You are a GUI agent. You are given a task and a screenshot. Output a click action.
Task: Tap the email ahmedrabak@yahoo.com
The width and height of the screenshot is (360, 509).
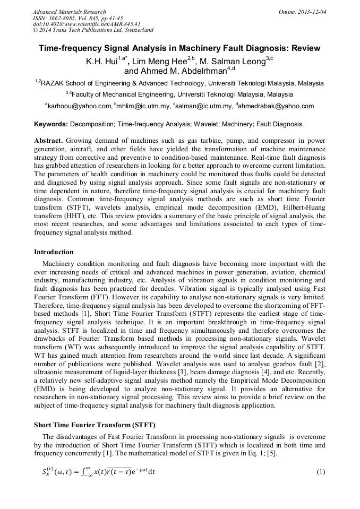point(277,106)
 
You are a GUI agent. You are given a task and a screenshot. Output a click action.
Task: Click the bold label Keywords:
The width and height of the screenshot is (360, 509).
point(51,124)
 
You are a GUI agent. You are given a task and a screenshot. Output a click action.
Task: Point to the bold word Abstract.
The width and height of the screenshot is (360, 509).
point(49,141)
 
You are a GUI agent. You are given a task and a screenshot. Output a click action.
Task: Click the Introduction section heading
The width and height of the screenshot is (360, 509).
point(54,252)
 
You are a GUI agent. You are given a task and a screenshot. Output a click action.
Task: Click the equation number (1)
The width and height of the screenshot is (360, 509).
point(321,472)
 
